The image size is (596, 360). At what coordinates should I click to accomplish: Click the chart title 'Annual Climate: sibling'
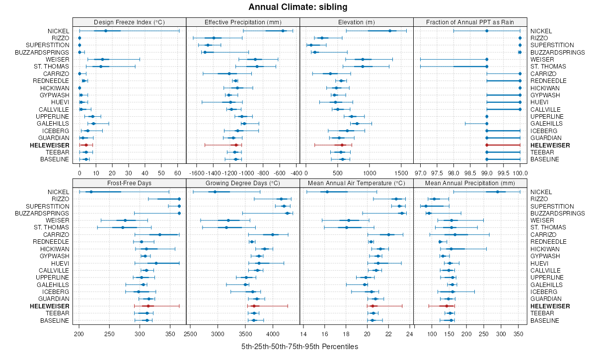[298, 7]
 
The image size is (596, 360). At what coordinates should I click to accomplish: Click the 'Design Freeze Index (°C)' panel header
[129, 22]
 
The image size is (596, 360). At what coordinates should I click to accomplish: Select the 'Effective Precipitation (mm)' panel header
[243, 22]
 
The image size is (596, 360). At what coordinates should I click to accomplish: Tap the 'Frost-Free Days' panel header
[129, 183]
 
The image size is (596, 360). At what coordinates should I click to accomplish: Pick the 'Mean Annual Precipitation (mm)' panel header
[470, 183]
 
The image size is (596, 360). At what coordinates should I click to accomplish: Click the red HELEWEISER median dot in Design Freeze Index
[86, 145]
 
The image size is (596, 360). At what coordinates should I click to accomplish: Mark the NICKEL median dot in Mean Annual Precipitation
[498, 192]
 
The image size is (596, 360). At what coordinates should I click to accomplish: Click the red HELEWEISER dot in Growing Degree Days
[254, 306]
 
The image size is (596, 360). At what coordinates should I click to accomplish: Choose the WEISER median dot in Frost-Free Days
[125, 220]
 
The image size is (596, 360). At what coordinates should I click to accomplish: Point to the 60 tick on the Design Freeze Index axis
[177, 173]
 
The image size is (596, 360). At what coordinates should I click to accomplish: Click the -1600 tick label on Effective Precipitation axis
[197, 173]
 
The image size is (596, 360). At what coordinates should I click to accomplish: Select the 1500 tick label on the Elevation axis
[400, 173]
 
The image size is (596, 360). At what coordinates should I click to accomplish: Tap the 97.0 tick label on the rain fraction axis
[421, 173]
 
